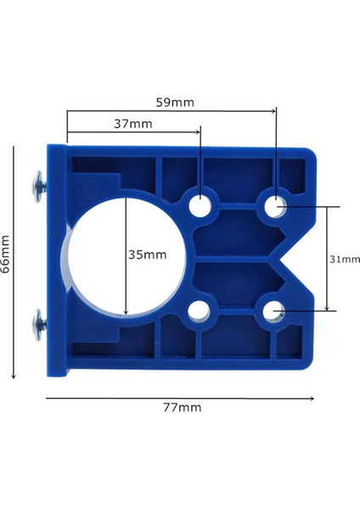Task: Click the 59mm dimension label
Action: [x=176, y=103]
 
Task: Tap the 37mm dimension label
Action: [x=134, y=123]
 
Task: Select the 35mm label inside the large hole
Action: [x=148, y=255]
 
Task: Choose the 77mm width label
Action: [x=182, y=407]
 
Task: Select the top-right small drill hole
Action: [x=275, y=204]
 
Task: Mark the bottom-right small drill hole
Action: [x=275, y=312]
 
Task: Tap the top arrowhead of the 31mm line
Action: [x=327, y=209]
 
